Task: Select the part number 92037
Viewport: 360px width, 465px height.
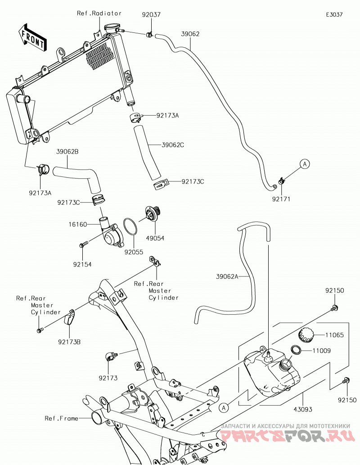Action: pyautogui.click(x=151, y=14)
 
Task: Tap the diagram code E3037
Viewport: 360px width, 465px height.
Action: pyautogui.click(x=334, y=14)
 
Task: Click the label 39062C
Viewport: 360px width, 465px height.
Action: pyautogui.click(x=173, y=145)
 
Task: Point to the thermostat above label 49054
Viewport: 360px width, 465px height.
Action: pyautogui.click(x=153, y=214)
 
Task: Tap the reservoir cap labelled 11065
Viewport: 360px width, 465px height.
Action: pyautogui.click(x=306, y=335)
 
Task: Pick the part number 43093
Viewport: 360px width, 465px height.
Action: pyautogui.click(x=303, y=409)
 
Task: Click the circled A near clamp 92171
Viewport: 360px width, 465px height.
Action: pyautogui.click(x=305, y=164)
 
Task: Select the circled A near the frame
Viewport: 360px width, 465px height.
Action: pyautogui.click(x=224, y=408)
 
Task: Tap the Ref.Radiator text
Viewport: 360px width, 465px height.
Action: pyautogui.click(x=99, y=14)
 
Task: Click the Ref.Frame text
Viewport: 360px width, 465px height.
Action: pyautogui.click(x=61, y=419)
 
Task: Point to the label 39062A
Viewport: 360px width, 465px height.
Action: pyautogui.click(x=227, y=276)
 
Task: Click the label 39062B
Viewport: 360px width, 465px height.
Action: pyautogui.click(x=67, y=152)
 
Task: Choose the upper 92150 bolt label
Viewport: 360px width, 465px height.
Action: pyautogui.click(x=335, y=291)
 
